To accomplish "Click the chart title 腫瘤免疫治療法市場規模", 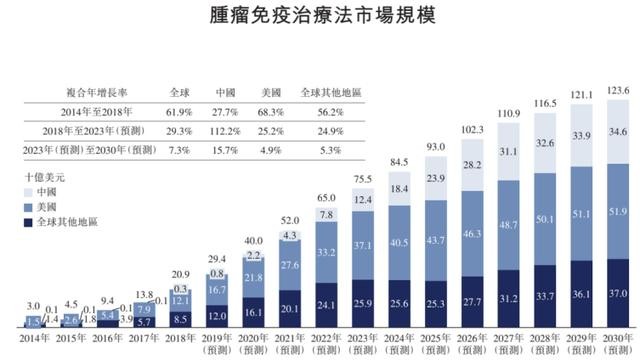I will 321,18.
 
